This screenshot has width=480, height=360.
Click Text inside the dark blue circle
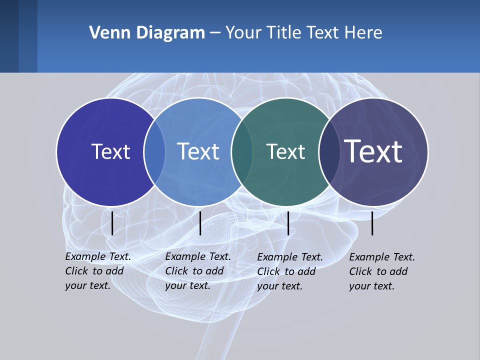[x=110, y=151]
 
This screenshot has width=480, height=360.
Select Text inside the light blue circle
[x=198, y=151]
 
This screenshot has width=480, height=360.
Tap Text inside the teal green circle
[x=286, y=151]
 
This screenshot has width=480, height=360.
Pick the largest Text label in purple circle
[x=374, y=151]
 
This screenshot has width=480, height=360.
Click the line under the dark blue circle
[x=112, y=223]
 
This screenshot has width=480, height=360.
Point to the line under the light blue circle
[x=200, y=223]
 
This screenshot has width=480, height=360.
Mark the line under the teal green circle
[x=288, y=223]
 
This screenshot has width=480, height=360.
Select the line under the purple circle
[x=372, y=223]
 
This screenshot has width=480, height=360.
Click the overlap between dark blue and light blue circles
[x=154, y=152]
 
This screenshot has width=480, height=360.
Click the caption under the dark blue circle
[x=98, y=271]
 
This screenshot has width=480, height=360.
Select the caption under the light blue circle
[x=198, y=271]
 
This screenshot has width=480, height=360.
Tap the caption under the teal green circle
[x=290, y=271]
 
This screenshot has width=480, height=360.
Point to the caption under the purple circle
[x=382, y=271]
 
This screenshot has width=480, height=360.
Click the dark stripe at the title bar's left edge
[x=9, y=36]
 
